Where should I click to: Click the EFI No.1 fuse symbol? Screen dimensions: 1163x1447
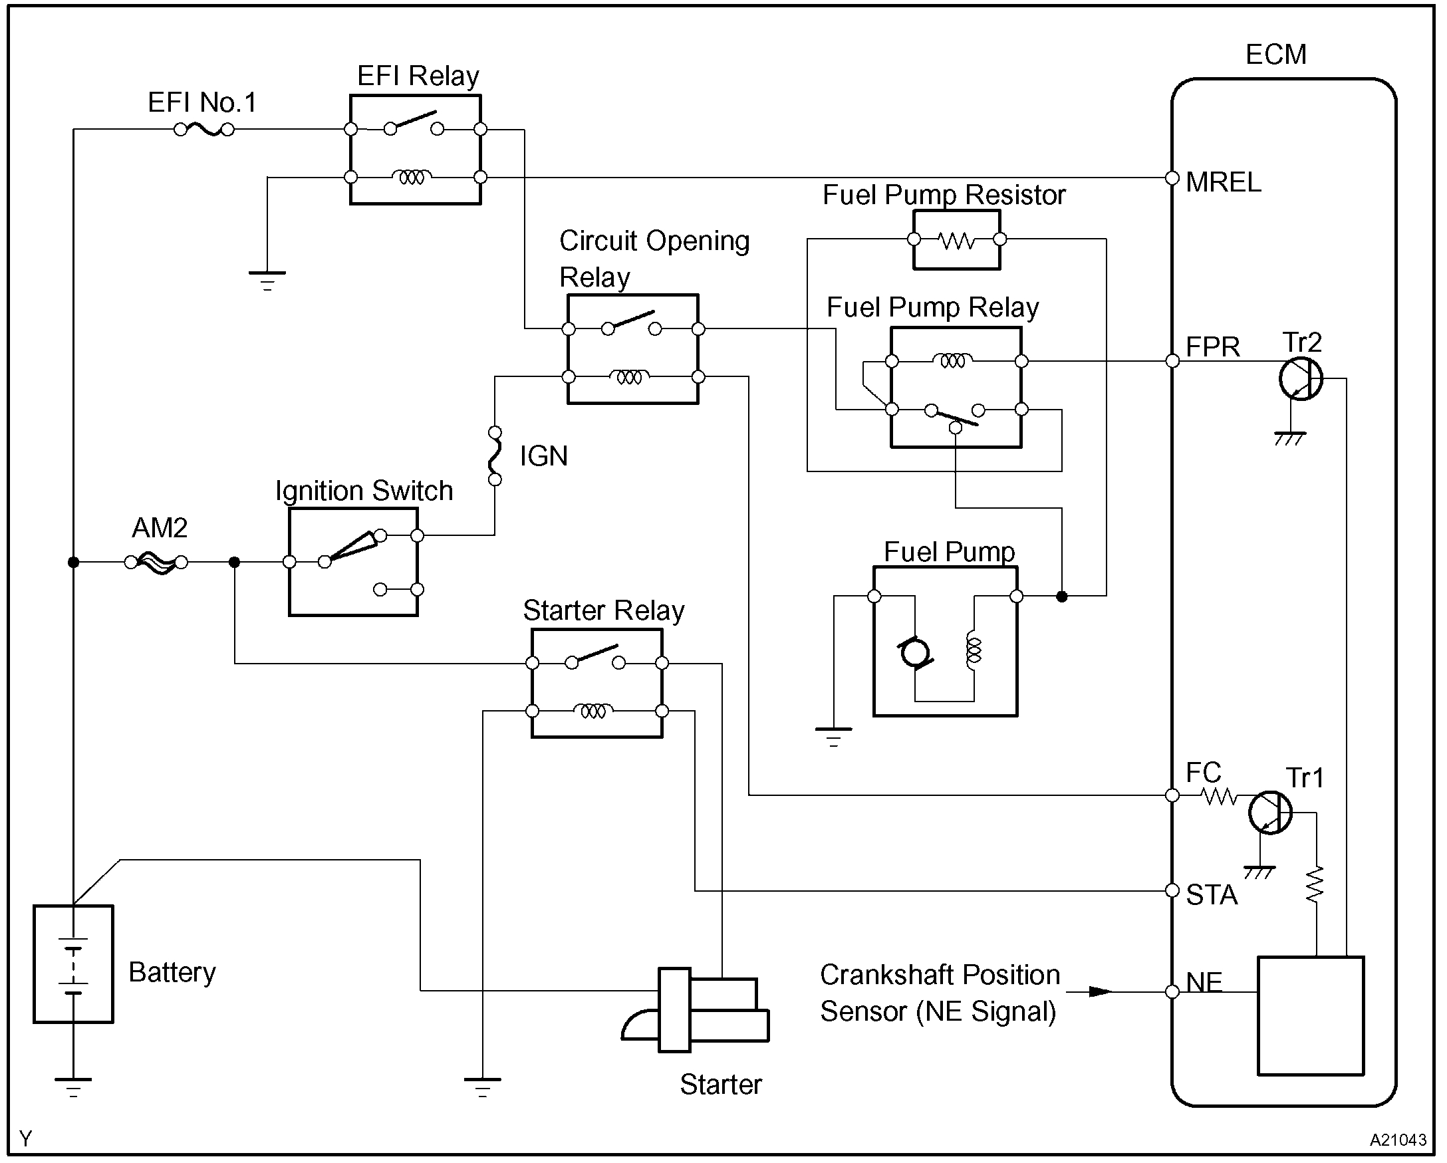[204, 130]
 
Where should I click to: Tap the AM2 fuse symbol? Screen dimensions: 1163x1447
[156, 563]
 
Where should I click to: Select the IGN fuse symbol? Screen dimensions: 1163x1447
[495, 455]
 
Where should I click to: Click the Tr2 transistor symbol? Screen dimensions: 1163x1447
[1300, 379]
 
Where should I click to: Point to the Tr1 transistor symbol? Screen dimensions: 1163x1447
[1270, 813]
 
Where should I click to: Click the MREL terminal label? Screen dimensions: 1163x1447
[1224, 183]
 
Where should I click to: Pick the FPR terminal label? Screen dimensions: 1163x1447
[1213, 347]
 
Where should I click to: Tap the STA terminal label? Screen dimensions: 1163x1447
[1212, 895]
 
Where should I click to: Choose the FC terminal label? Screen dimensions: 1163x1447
[1204, 773]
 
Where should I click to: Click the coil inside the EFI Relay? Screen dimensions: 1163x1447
[412, 177]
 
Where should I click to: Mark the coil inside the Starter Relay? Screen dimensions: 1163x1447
[593, 711]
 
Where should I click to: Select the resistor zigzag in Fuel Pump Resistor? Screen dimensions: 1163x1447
[956, 239]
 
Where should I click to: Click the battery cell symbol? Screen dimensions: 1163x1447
[73, 965]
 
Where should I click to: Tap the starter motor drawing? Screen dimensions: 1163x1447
[696, 1010]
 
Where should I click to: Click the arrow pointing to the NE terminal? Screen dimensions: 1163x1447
[1099, 991]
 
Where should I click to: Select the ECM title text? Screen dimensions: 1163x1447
[1275, 55]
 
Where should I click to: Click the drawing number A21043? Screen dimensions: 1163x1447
[1397, 1140]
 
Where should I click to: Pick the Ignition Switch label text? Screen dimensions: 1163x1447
[364, 491]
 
